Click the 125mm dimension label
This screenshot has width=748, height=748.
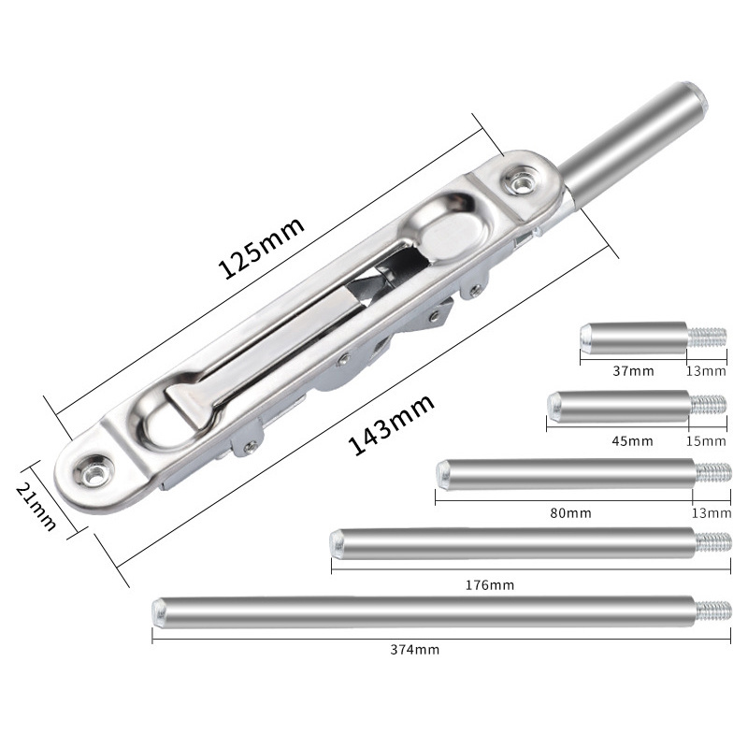pyautogui.click(x=261, y=247)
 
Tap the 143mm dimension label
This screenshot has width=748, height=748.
pyautogui.click(x=391, y=424)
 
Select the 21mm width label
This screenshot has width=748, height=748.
pyautogui.click(x=36, y=507)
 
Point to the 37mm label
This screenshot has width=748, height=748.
pyautogui.click(x=633, y=370)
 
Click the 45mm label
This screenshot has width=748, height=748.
pyautogui.click(x=633, y=440)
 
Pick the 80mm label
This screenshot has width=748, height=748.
pyautogui.click(x=570, y=512)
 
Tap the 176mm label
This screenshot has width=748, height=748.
pyautogui.click(x=490, y=584)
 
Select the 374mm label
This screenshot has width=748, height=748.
pyautogui.click(x=415, y=649)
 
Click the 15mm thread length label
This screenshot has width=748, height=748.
pyautogui.click(x=706, y=440)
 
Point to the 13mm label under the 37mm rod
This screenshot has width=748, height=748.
pyautogui.click(x=706, y=370)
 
